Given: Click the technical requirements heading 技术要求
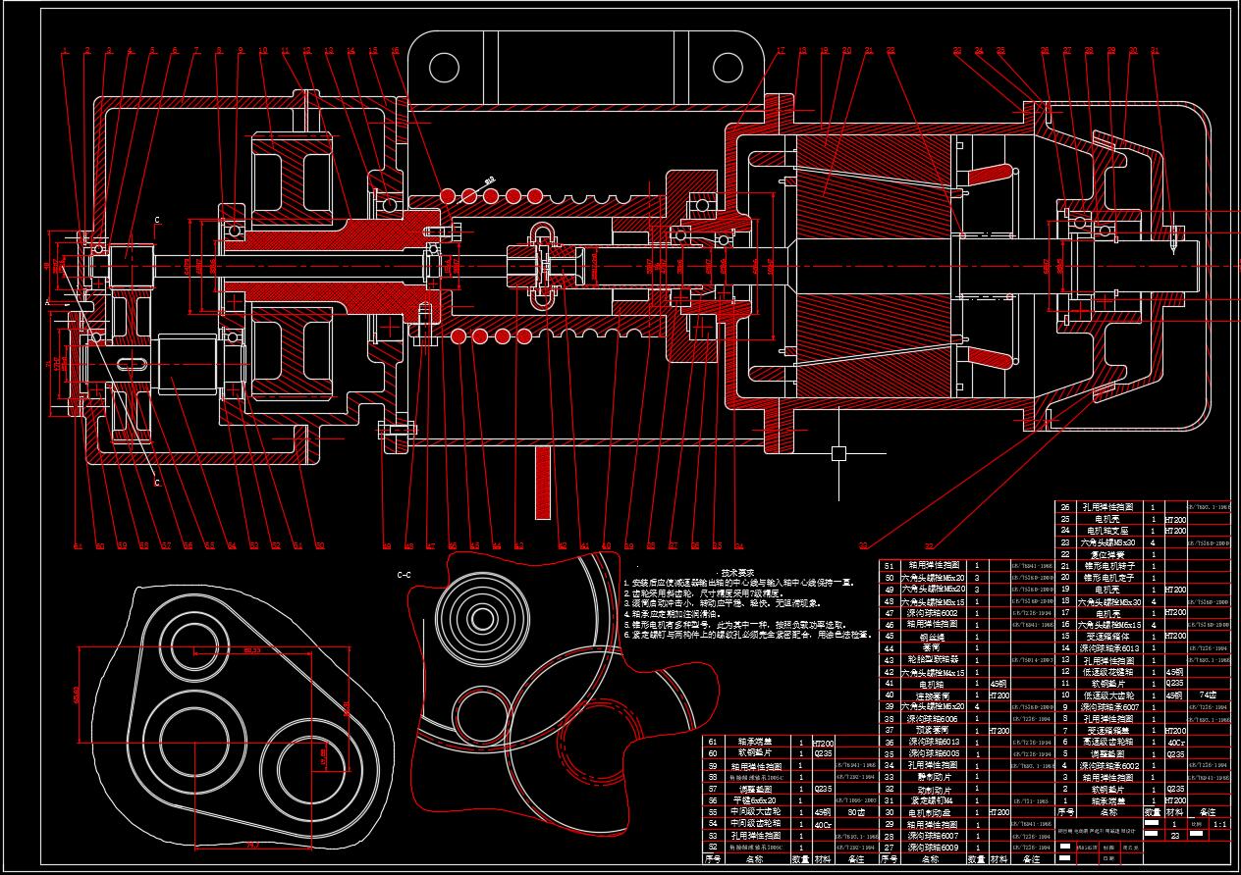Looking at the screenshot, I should (737, 572).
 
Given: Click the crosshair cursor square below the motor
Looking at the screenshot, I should (838, 453).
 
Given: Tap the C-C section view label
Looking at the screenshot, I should (404, 575).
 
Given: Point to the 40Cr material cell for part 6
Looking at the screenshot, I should (1175, 743).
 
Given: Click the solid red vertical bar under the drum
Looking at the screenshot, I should (541, 483).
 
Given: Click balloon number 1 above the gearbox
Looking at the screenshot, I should (65, 51).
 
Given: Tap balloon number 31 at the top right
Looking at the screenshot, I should (1155, 51).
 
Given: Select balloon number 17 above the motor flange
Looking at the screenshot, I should (782, 51).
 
